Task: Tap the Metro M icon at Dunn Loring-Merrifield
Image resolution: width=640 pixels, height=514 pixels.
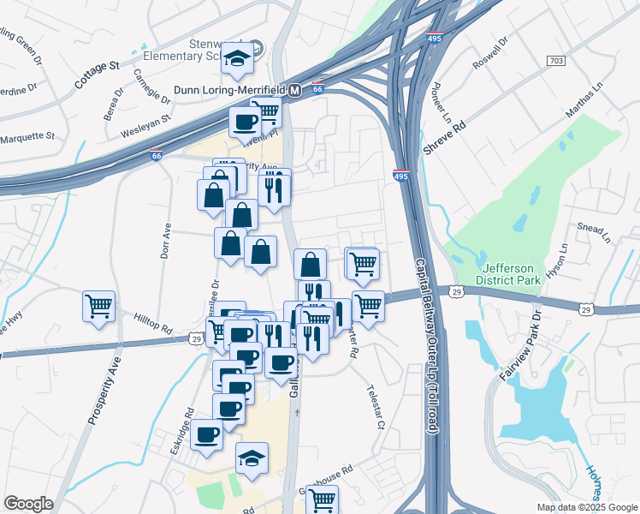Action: tap(294, 90)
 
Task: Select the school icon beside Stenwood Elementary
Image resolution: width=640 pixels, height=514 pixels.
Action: tap(237, 58)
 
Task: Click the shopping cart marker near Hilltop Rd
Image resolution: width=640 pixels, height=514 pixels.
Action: tap(99, 306)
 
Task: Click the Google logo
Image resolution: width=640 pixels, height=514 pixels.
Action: tap(29, 504)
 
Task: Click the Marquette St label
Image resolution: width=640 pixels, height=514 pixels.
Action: tap(27, 136)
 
